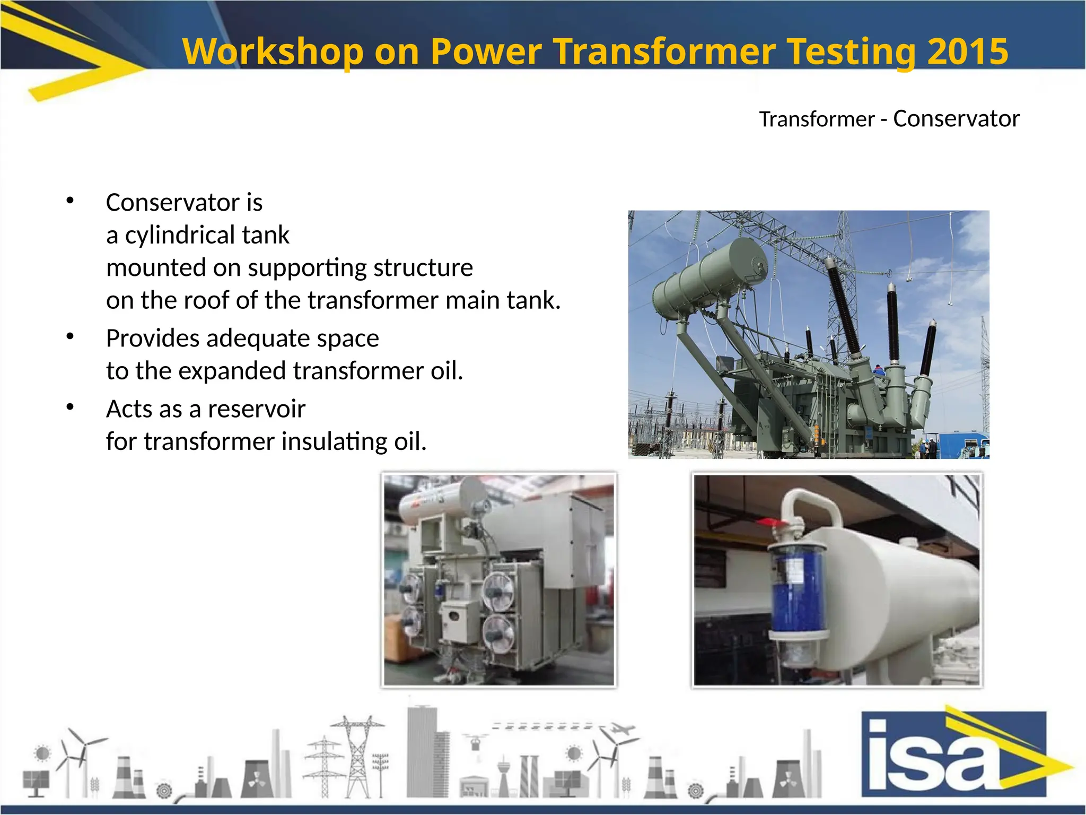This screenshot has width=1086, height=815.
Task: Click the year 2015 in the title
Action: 967,51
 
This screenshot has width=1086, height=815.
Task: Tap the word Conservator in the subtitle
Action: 956,118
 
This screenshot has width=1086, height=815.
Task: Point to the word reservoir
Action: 256,409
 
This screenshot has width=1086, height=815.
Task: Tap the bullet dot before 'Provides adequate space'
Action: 70,336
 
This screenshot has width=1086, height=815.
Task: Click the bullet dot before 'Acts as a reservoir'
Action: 70,407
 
